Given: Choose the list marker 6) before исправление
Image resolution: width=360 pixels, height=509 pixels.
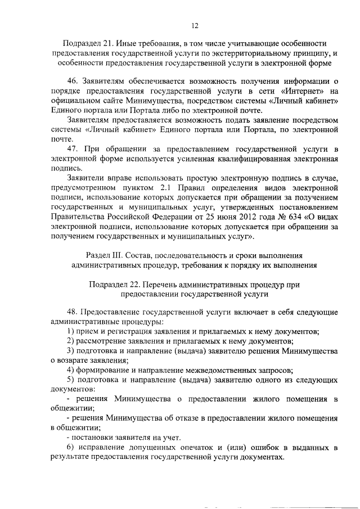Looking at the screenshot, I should point(70,448).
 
